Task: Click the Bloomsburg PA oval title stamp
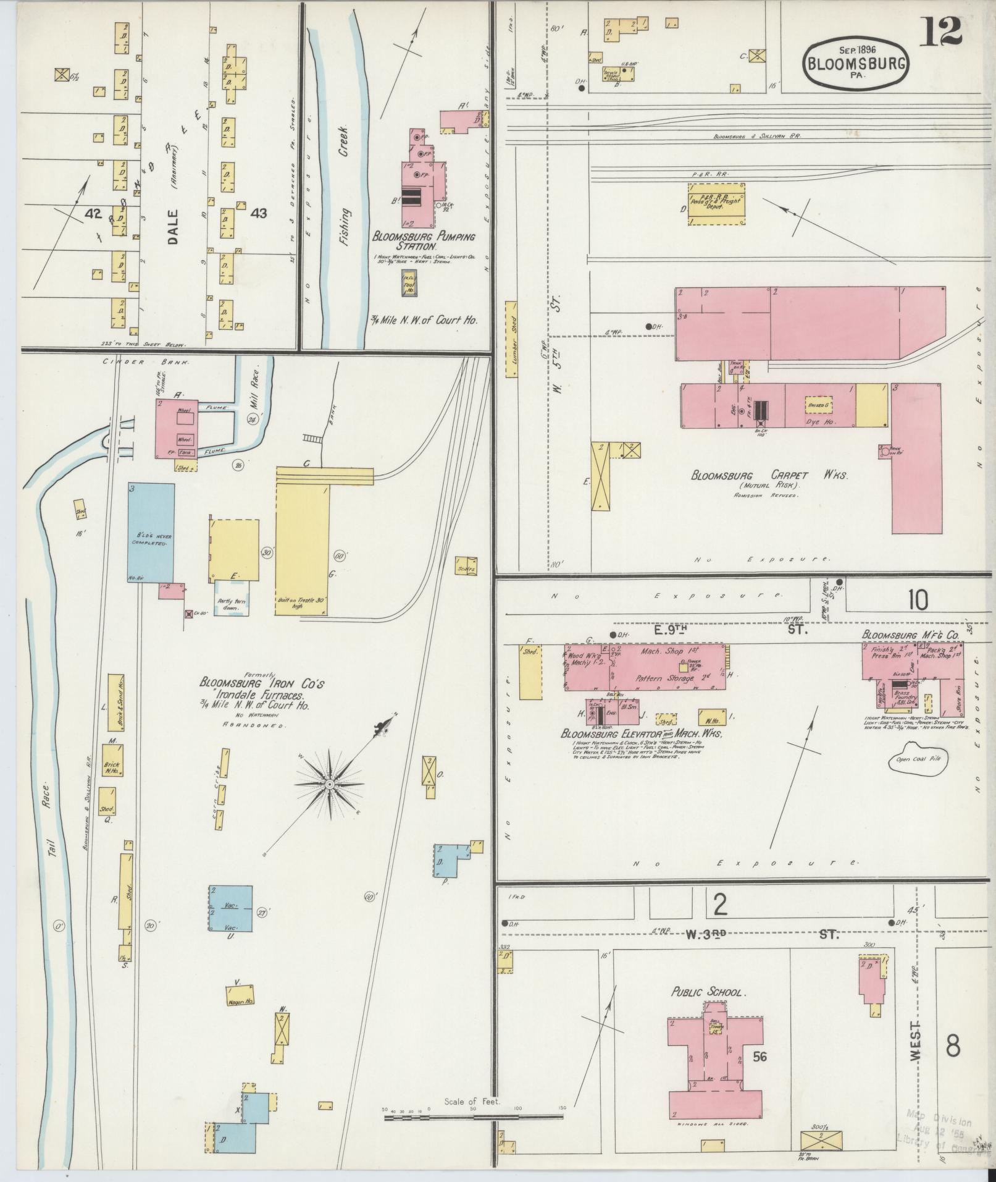856,63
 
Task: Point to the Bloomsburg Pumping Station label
423,241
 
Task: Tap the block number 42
94,213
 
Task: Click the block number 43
259,213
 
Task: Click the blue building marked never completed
151,533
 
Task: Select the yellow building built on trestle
303,549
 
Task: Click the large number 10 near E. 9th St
918,599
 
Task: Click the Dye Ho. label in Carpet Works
821,421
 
